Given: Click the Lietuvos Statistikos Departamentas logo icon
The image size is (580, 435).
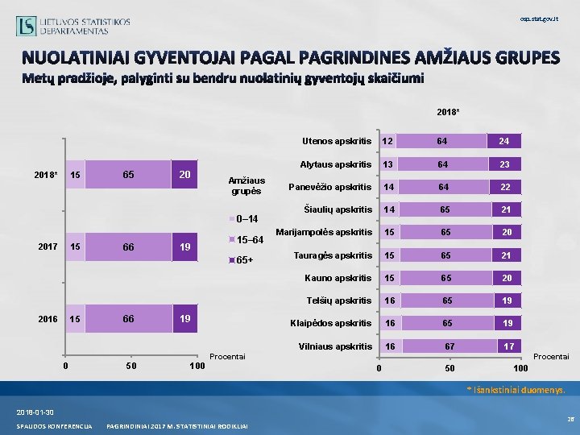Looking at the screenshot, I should point(26,26).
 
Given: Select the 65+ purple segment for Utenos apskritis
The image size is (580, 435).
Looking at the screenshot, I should point(504,141).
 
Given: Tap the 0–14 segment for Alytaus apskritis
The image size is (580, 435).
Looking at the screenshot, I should point(388,164).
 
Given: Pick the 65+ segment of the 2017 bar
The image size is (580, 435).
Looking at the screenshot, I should point(184,247).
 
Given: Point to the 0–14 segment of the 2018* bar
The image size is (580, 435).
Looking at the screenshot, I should point(75,175).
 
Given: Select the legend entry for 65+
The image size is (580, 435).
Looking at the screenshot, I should point(244,260).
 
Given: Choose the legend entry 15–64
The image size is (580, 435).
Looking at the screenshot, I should point(246,239).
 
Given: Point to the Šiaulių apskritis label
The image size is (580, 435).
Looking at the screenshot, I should point(337,210).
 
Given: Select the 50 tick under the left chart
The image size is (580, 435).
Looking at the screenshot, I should point(132,367).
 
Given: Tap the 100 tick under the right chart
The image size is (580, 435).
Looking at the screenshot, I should point(520,368).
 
